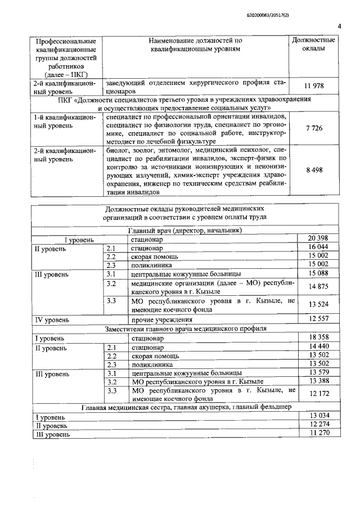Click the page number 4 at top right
(340, 25)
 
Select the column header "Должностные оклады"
(314, 45)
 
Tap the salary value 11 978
(314, 85)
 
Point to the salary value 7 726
(314, 129)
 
